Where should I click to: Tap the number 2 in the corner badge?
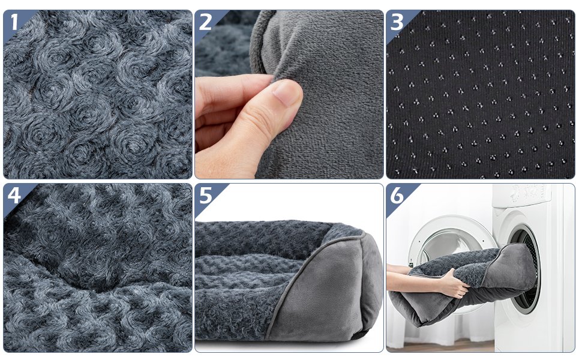206,22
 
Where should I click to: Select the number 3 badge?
397,22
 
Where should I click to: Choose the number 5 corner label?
206,196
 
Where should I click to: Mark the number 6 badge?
397,196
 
